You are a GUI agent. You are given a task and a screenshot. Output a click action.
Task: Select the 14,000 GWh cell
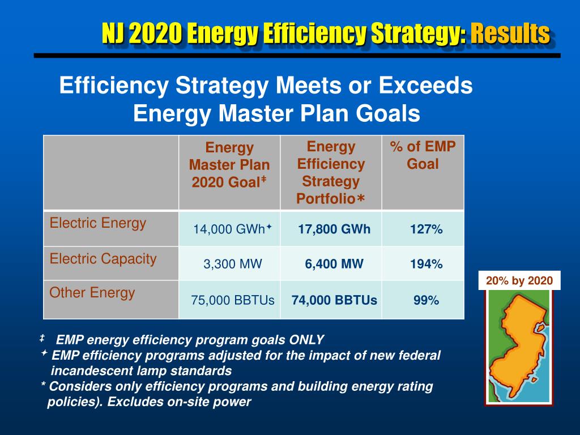229,229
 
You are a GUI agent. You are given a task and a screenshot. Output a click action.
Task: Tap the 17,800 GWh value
334,229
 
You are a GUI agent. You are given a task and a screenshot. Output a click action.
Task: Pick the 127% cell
427,229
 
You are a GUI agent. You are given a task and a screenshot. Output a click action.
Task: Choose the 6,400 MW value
334,264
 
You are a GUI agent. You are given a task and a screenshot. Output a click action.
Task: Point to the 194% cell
427,264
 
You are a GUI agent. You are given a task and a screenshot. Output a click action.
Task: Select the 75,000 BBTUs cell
233,300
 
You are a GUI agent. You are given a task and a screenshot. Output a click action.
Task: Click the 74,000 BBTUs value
334,300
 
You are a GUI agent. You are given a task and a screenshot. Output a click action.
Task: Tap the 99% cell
426,300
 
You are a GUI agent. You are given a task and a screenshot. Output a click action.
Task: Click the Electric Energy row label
97,223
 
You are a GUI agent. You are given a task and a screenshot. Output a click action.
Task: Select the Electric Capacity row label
103,259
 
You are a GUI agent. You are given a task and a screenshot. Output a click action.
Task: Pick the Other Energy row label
92,293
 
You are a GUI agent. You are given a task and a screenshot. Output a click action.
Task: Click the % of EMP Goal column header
423,155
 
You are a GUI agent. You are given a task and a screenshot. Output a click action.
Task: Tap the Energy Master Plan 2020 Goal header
229,165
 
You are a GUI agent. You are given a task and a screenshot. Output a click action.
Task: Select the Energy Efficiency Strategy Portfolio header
331,173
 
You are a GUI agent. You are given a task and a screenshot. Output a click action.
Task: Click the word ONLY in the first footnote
306,340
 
